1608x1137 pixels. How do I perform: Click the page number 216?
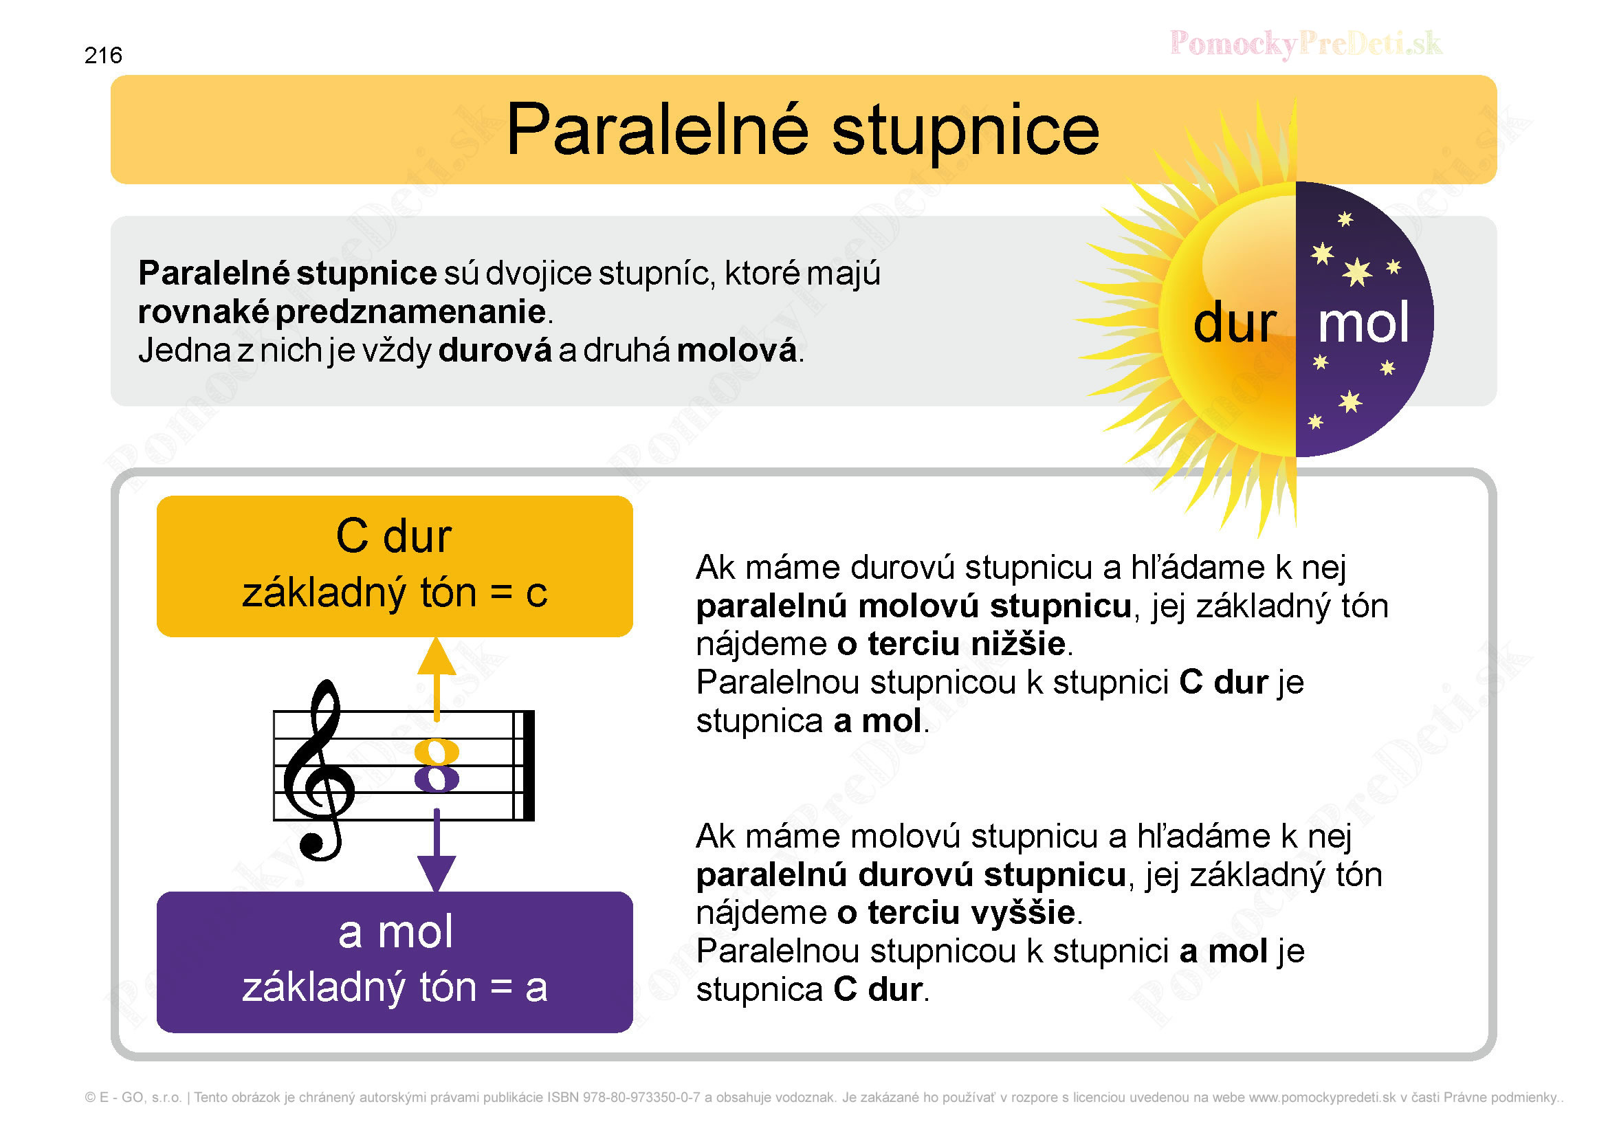pos(103,55)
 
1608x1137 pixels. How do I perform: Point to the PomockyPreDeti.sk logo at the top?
pos(1306,43)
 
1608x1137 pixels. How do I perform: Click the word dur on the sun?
pos(1235,323)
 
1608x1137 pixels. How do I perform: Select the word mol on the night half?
pos(1363,323)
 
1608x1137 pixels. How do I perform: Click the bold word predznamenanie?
pos(411,312)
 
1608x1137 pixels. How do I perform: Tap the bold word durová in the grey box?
pos(495,350)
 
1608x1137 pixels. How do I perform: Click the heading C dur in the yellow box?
pos(394,536)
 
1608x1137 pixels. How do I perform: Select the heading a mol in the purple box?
pos(396,932)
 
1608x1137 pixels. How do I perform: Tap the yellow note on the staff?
pos(437,753)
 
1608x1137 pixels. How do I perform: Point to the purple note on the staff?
pos(437,779)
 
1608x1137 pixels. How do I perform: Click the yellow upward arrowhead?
pos(437,656)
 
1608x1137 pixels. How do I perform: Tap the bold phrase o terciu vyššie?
pos(956,912)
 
